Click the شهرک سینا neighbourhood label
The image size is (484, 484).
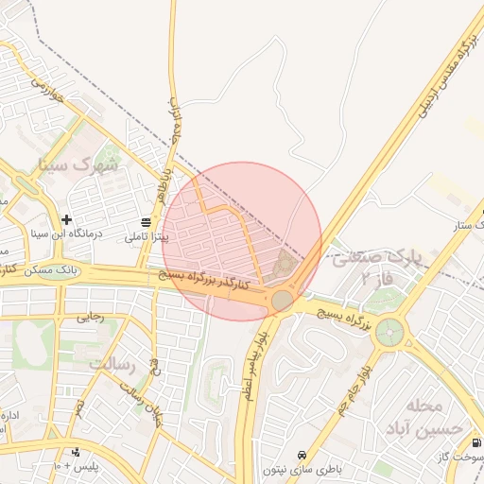pos(78,164)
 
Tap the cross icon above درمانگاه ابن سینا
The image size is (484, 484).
pos(67,219)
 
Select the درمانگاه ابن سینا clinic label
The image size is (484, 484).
pos(67,233)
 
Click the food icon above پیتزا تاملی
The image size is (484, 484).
pos(146,222)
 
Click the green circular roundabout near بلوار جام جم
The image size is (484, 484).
pos(388,332)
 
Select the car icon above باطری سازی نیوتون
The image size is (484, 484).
pos(302,455)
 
